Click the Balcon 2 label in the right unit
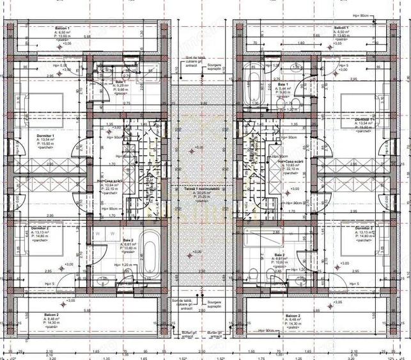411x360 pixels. [x=292, y=317]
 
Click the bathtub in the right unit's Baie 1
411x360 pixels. [x=252, y=86]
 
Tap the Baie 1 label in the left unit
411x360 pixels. [x=120, y=82]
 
